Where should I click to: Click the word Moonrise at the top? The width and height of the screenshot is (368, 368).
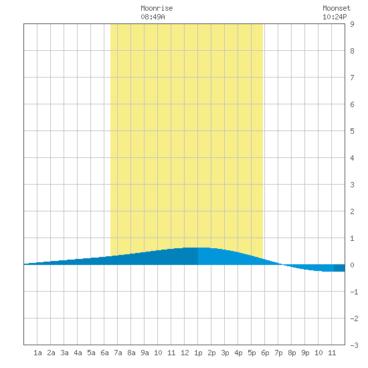point(157,8)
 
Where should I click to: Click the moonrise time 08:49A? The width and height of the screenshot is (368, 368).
point(153,17)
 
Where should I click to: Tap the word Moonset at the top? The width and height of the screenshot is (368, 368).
point(337,8)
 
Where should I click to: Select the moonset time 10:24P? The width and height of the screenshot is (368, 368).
point(335,17)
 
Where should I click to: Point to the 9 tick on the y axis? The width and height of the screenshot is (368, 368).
point(352,24)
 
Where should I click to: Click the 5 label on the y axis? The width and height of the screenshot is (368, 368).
point(352,131)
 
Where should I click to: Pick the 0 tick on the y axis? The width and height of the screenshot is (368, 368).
point(352,265)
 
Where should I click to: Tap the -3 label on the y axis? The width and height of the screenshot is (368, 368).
point(354,345)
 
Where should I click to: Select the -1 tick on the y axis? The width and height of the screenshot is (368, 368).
point(354,292)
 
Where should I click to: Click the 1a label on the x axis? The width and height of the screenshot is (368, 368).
point(37,353)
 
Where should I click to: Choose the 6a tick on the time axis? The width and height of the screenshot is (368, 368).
point(104,353)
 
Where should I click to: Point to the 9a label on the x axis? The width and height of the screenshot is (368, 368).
point(145,353)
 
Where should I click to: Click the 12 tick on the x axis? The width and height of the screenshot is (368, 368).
point(185,353)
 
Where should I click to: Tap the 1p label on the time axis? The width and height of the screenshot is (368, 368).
point(198,353)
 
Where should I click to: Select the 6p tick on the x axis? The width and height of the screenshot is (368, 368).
point(265,353)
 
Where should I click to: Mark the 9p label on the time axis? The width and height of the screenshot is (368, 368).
point(305,353)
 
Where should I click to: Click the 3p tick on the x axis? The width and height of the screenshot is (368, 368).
point(225,353)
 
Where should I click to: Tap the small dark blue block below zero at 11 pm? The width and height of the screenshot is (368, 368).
point(339,268)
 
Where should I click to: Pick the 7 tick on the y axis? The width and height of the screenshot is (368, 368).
point(352,78)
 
